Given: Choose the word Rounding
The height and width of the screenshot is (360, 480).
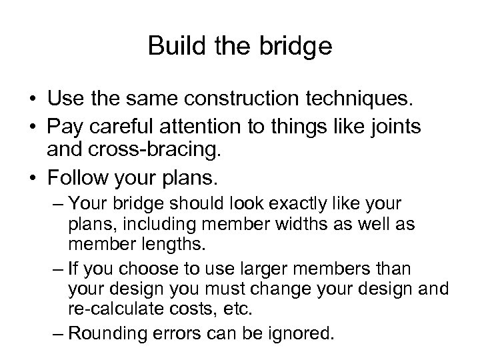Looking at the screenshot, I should [110, 333].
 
